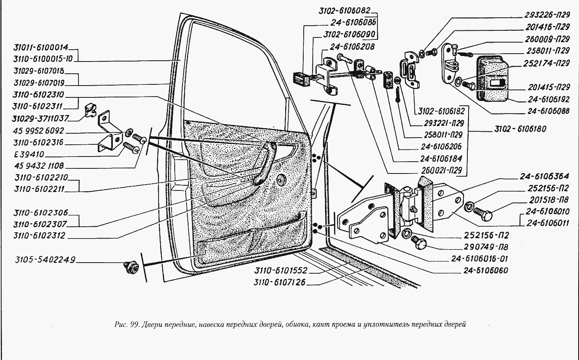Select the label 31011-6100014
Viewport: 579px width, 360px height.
coord(41,47)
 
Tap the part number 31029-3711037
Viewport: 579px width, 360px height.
coord(41,118)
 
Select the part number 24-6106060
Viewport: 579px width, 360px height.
coord(486,270)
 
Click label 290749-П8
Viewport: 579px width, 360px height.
coord(486,247)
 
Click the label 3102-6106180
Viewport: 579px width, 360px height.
coord(520,129)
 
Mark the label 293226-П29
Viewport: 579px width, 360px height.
coord(547,15)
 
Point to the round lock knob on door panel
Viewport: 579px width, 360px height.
coord(282,179)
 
